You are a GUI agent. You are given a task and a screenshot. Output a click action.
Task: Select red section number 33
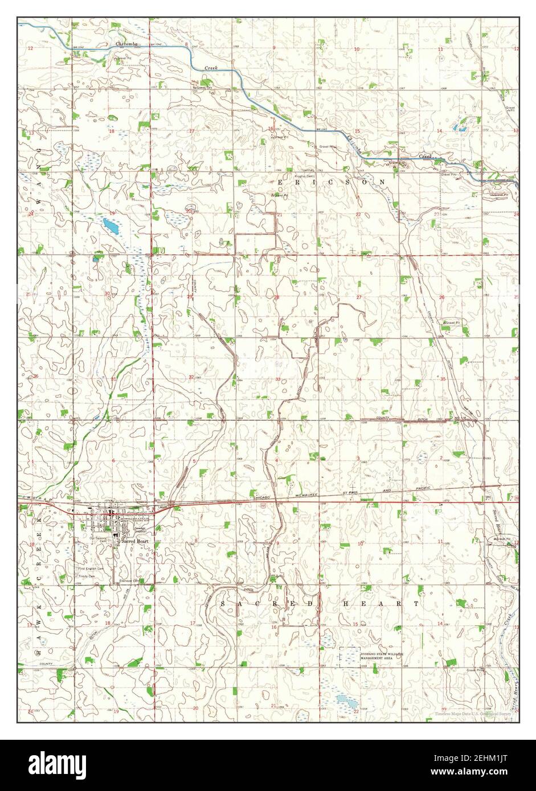[x=278, y=379]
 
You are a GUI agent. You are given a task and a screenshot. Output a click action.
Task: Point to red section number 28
[x=277, y=297]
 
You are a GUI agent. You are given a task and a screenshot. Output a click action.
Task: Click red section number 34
[x=359, y=379]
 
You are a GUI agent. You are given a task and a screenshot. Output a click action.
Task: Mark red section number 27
[x=359, y=297]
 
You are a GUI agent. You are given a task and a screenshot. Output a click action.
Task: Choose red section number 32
[x=192, y=377]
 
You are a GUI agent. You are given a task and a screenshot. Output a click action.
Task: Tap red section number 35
[x=443, y=379]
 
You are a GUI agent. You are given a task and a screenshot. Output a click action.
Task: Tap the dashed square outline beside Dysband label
[x=349, y=657]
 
